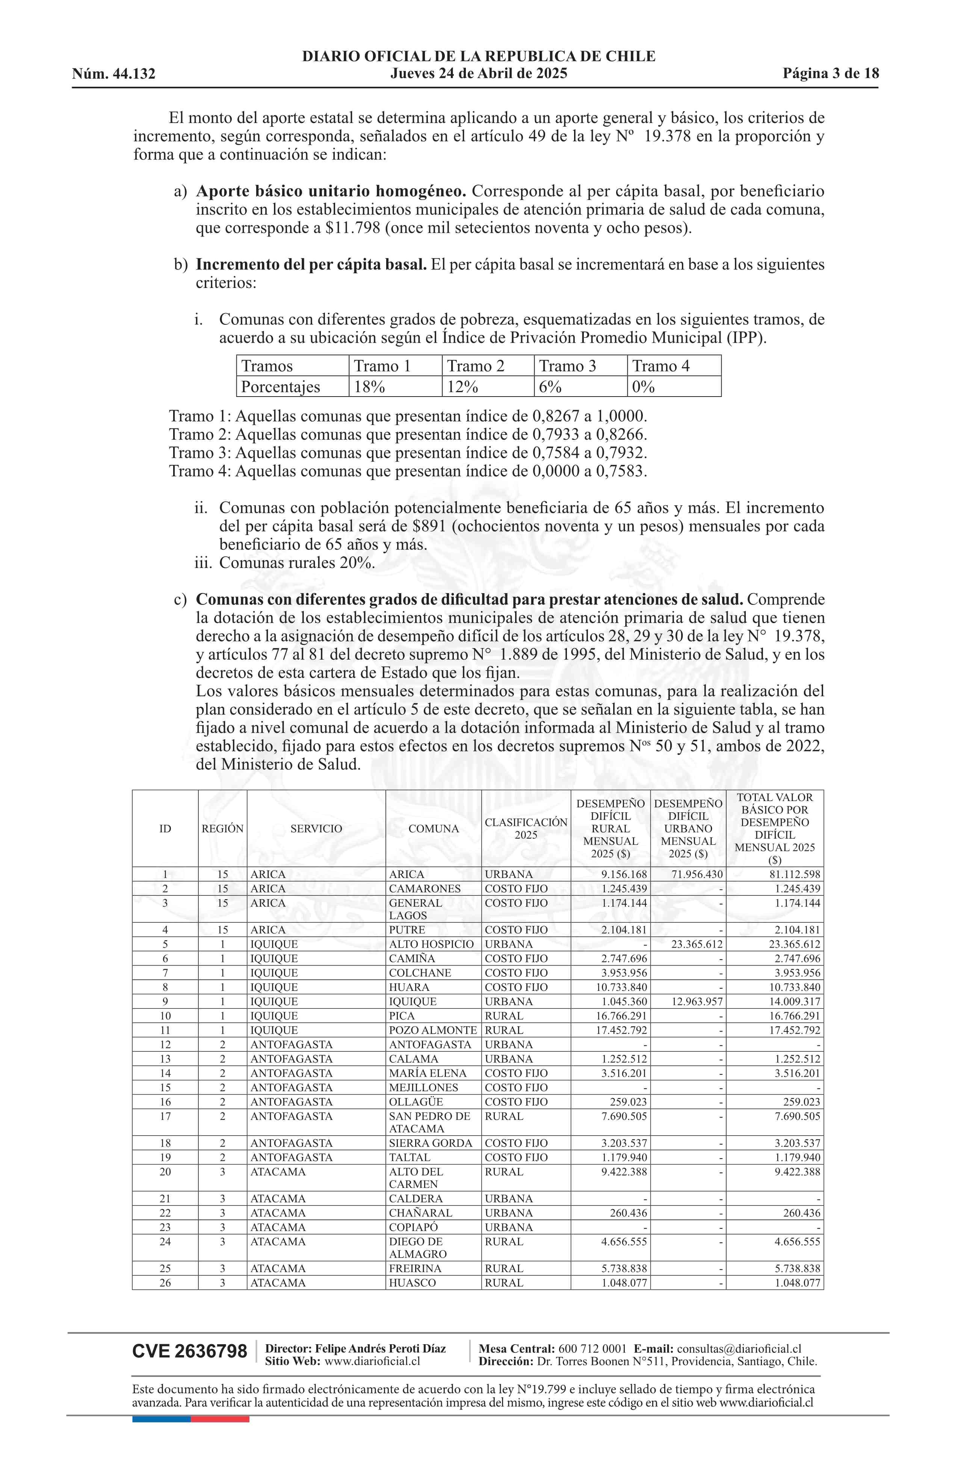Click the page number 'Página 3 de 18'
[x=831, y=74]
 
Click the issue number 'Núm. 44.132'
[x=114, y=74]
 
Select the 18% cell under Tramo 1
[x=369, y=387]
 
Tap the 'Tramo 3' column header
[x=568, y=366]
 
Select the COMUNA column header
[x=434, y=828]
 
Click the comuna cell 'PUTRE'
[x=407, y=930]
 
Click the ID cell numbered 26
[x=165, y=1283]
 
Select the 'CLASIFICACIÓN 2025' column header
[x=526, y=828]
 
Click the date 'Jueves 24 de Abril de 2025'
[x=478, y=74]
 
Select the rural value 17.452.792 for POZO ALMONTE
[x=616, y=1030]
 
